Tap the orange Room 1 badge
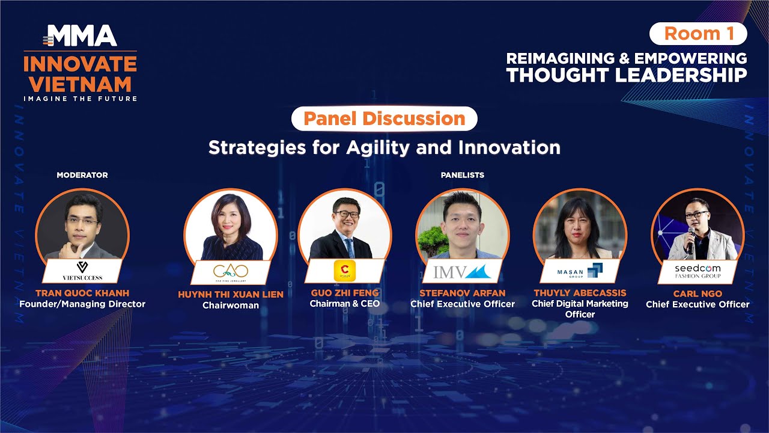(x=699, y=34)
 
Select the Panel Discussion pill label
(x=384, y=118)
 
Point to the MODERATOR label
(x=82, y=175)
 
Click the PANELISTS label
(x=462, y=175)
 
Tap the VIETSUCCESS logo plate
(x=82, y=271)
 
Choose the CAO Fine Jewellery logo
(x=230, y=272)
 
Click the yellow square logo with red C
(x=345, y=271)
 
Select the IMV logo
(x=462, y=271)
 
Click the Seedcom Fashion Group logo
(x=698, y=271)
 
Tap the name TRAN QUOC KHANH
(x=82, y=293)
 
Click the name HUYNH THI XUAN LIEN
(x=231, y=294)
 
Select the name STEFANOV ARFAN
(x=462, y=293)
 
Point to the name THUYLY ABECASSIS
(x=580, y=293)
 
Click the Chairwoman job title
(x=231, y=306)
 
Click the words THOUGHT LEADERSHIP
(x=626, y=75)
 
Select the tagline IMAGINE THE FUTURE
(x=81, y=99)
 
